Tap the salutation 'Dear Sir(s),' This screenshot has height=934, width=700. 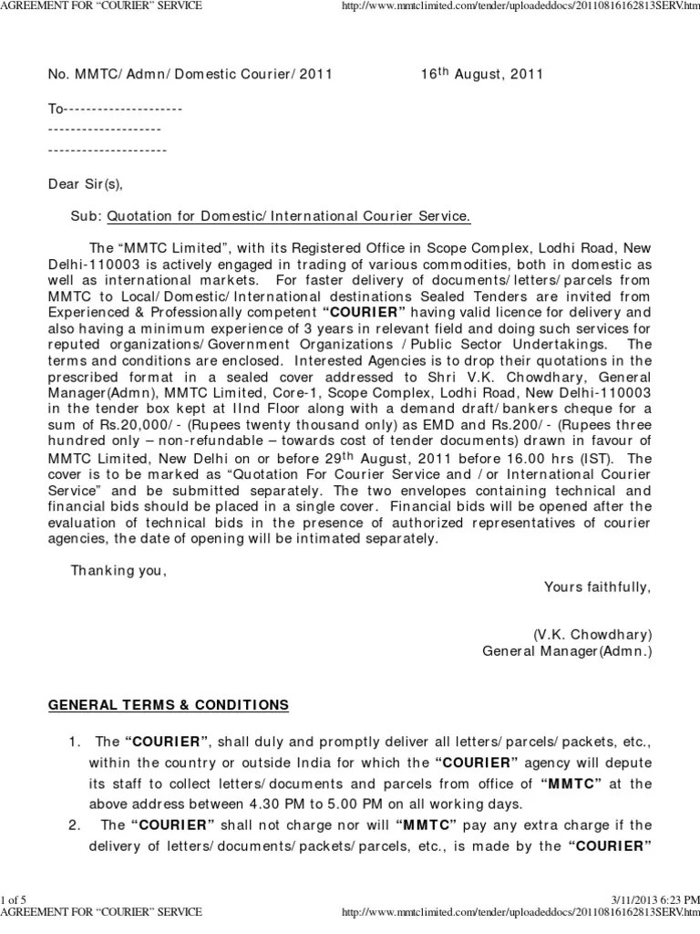(85, 183)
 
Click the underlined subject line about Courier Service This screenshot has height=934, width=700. (289, 217)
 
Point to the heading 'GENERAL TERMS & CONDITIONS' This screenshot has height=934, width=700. (168, 705)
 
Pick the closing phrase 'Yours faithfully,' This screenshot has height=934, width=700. (597, 586)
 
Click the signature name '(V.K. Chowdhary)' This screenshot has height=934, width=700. (592, 635)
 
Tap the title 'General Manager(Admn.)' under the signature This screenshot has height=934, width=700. (567, 651)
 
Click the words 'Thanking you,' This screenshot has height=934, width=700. (119, 571)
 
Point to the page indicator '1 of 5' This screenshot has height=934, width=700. (15, 900)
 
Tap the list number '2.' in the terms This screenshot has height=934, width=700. (76, 825)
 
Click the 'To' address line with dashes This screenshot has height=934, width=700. (115, 109)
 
